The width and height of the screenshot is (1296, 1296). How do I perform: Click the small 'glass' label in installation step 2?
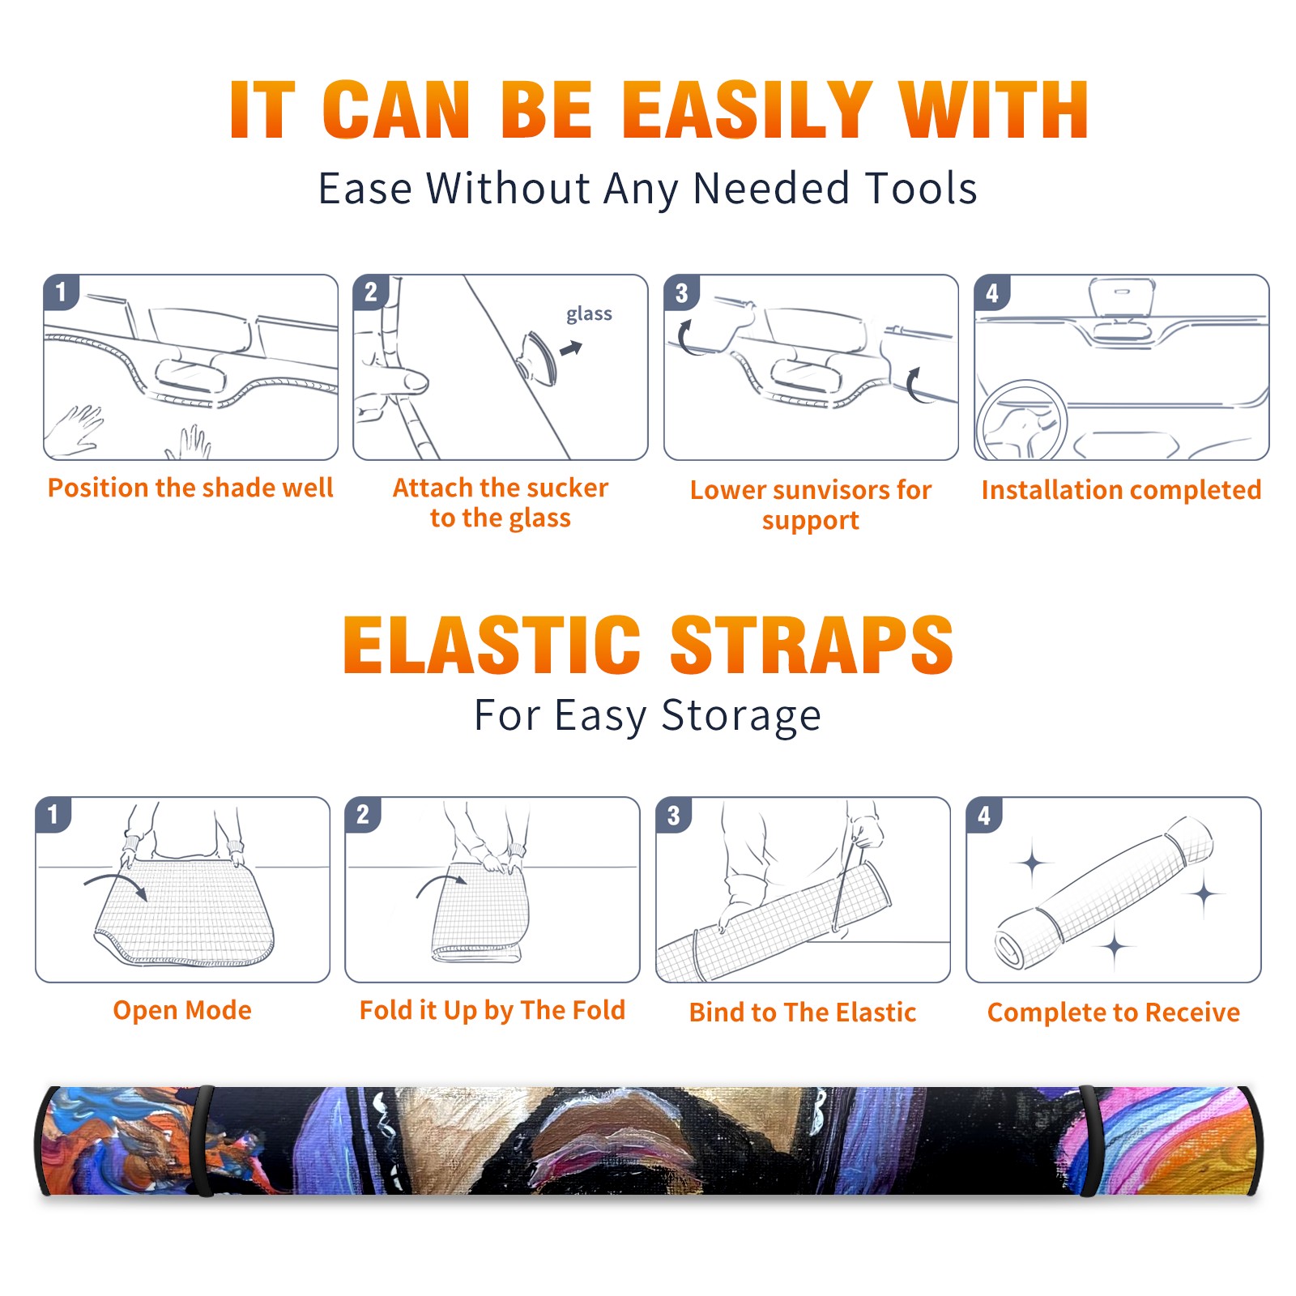point(589,314)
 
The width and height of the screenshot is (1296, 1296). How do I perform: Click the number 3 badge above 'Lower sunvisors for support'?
point(681,292)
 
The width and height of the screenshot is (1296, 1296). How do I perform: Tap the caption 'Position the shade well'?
point(190,488)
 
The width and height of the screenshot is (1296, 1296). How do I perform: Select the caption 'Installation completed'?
point(1121,490)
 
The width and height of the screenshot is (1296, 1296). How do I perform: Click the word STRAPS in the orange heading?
point(812,645)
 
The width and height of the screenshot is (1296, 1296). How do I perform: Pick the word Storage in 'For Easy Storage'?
point(741,716)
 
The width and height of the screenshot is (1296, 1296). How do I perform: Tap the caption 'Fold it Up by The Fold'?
point(492,1010)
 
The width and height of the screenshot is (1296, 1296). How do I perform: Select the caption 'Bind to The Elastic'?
point(803,1013)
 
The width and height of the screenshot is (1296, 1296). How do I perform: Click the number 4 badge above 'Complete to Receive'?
point(984,815)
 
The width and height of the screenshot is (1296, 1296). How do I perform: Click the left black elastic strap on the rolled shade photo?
point(203,1140)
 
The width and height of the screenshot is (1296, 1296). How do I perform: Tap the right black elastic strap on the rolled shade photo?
point(1089,1140)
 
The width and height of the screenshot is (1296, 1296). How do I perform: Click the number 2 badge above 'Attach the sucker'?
point(371,292)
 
